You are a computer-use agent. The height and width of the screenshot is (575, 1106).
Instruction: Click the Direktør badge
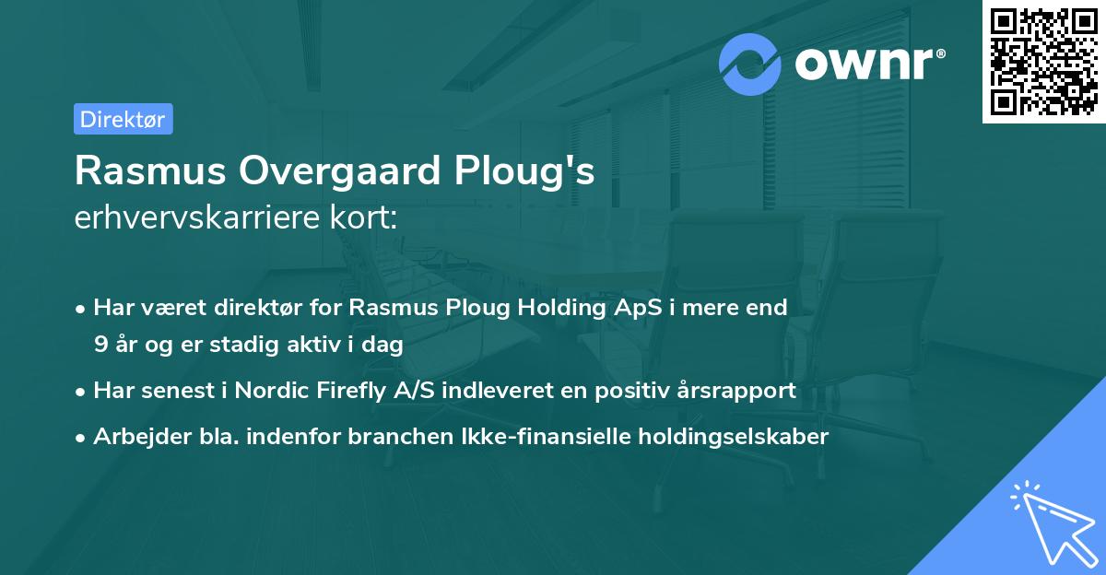[x=123, y=119]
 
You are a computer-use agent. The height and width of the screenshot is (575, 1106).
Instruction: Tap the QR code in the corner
[x=1044, y=61]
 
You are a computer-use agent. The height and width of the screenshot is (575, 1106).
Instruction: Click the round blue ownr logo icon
[x=750, y=64]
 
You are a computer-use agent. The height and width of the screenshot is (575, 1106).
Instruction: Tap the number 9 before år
[x=100, y=345]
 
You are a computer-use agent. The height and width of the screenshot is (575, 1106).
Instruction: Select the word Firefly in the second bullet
[x=343, y=390]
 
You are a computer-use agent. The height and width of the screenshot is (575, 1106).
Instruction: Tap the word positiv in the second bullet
[x=630, y=390]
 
